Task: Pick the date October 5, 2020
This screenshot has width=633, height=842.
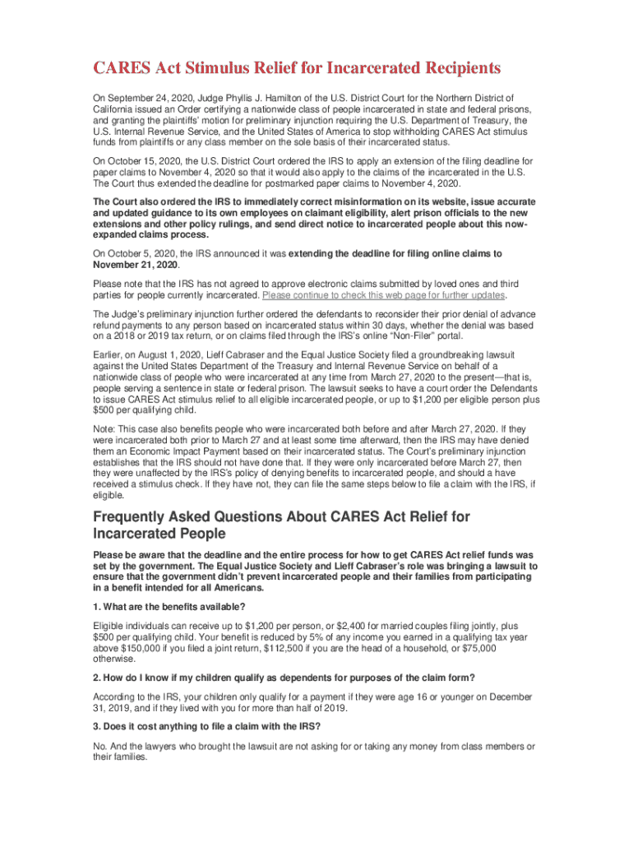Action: [x=136, y=253]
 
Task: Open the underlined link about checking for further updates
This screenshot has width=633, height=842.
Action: [x=384, y=294]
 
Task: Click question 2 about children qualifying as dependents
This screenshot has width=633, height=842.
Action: [x=284, y=677]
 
